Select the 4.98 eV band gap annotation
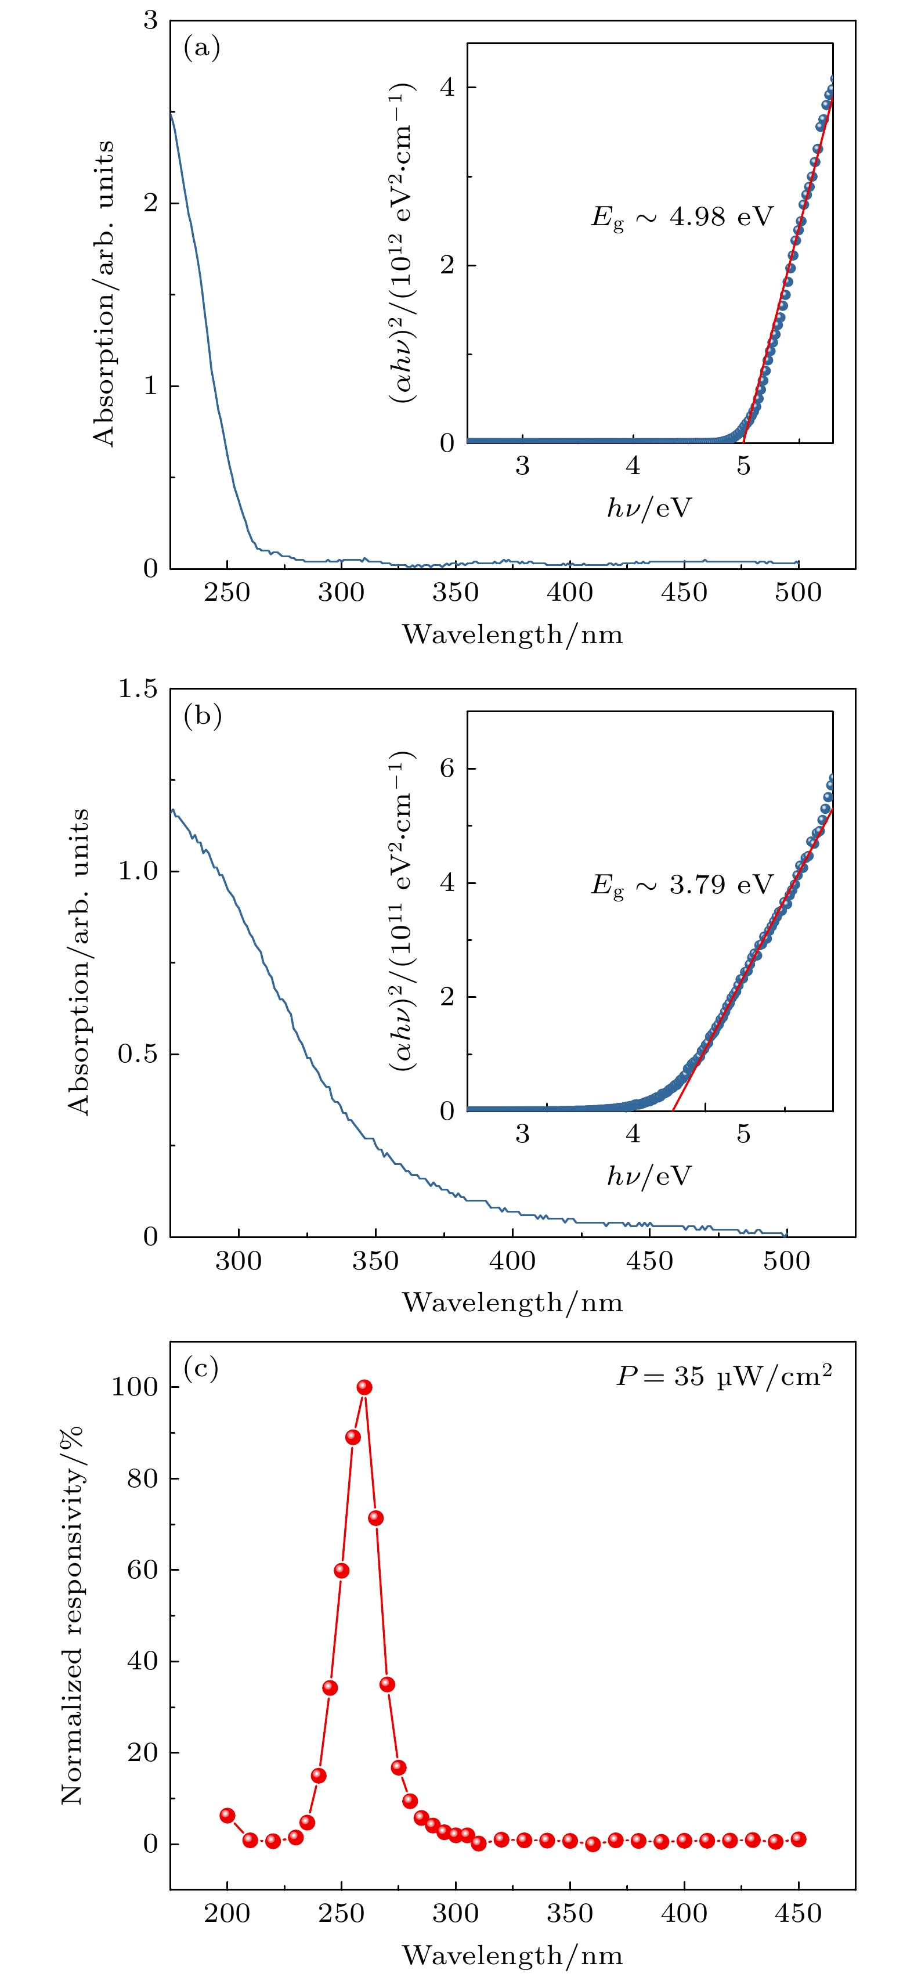(x=681, y=217)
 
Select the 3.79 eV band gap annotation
(x=681, y=885)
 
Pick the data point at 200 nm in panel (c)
(x=227, y=1815)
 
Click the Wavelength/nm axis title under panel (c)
(x=512, y=1955)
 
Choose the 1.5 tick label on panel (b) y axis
(x=138, y=688)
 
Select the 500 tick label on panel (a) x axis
(x=798, y=593)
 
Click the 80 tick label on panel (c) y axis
(x=142, y=1478)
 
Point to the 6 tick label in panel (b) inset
(x=447, y=769)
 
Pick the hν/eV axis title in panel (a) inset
(x=649, y=507)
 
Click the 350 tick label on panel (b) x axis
(x=375, y=1261)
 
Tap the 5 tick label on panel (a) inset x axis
(x=743, y=466)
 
